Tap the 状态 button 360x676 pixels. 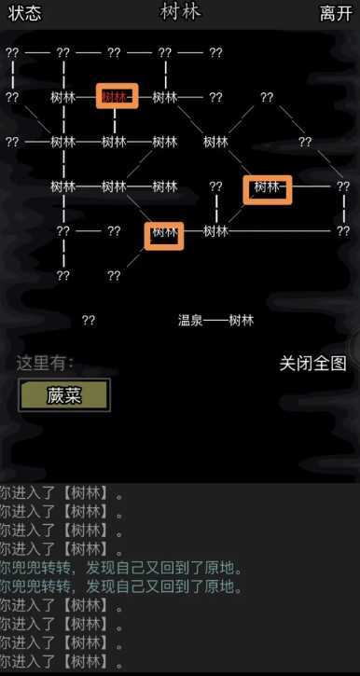pos(25,13)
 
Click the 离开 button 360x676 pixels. pos(335,13)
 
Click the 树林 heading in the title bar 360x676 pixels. pos(180,11)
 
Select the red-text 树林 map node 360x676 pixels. pos(116,97)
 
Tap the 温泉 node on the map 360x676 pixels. pos(190,320)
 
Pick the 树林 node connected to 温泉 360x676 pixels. pos(241,320)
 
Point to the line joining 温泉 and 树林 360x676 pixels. pos(215,320)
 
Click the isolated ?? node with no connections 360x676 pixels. pos(89,320)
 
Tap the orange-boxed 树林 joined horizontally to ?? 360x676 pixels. pos(267,187)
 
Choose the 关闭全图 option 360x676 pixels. pos(312,363)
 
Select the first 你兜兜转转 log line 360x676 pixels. pos(122,568)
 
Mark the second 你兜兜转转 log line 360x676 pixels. pos(122,586)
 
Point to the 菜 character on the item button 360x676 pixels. pos(73,394)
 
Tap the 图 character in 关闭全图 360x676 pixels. pos(338,363)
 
